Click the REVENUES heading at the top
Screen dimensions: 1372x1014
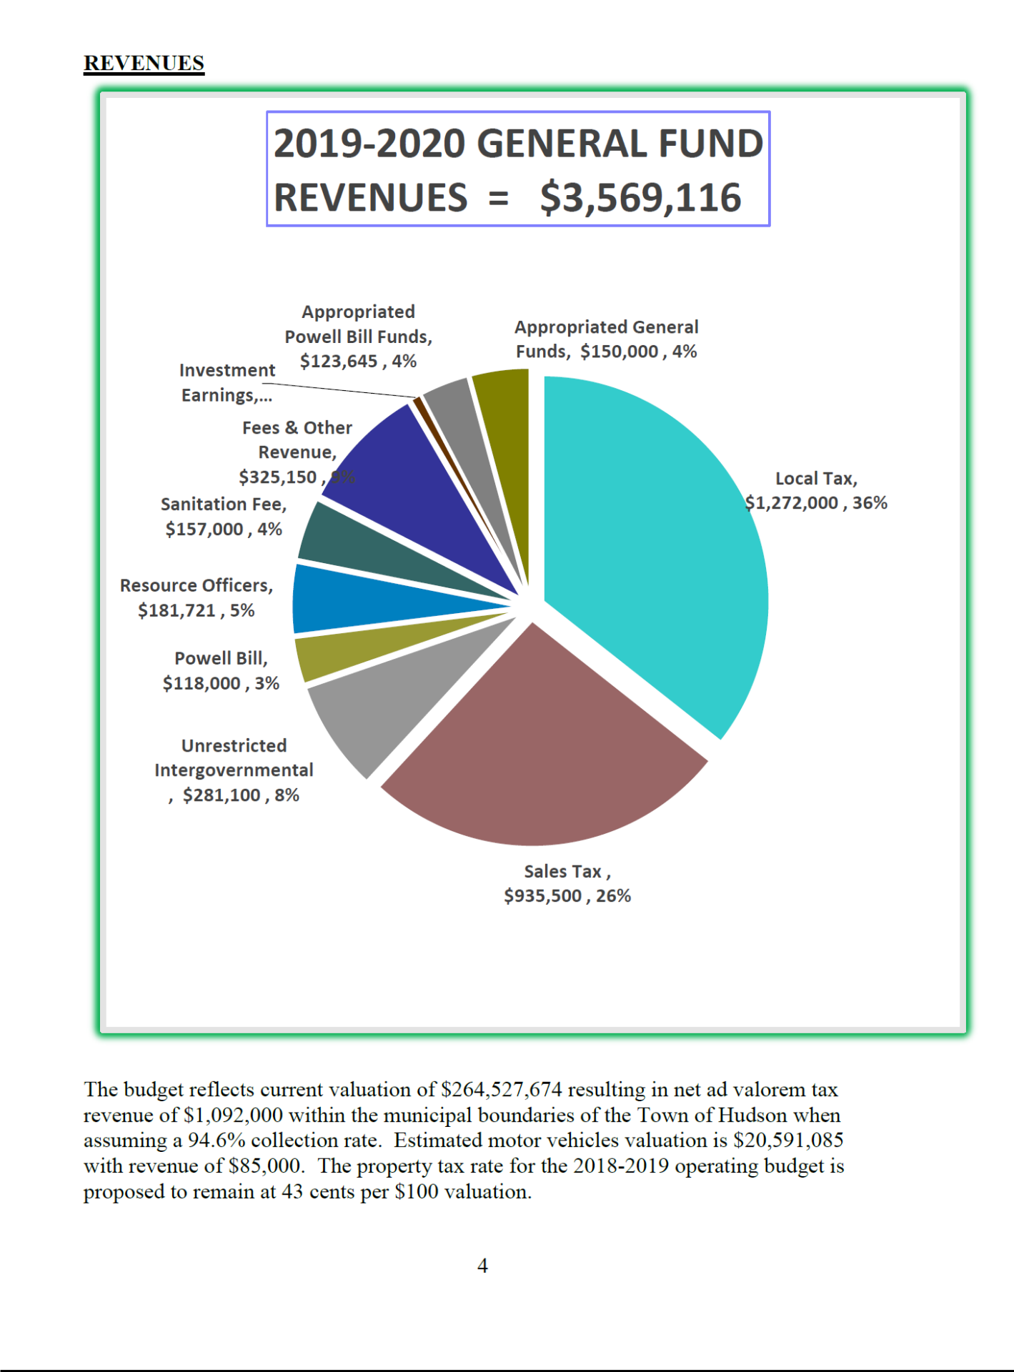click(144, 63)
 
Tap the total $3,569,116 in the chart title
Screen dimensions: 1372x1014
click(640, 198)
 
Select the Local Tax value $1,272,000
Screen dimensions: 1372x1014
click(792, 503)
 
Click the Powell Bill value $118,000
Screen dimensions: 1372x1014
click(202, 684)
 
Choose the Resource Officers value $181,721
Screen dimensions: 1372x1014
click(177, 610)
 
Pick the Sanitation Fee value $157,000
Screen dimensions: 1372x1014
click(204, 530)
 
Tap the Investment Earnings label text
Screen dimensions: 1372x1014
click(227, 382)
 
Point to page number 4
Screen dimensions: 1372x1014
click(482, 1266)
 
